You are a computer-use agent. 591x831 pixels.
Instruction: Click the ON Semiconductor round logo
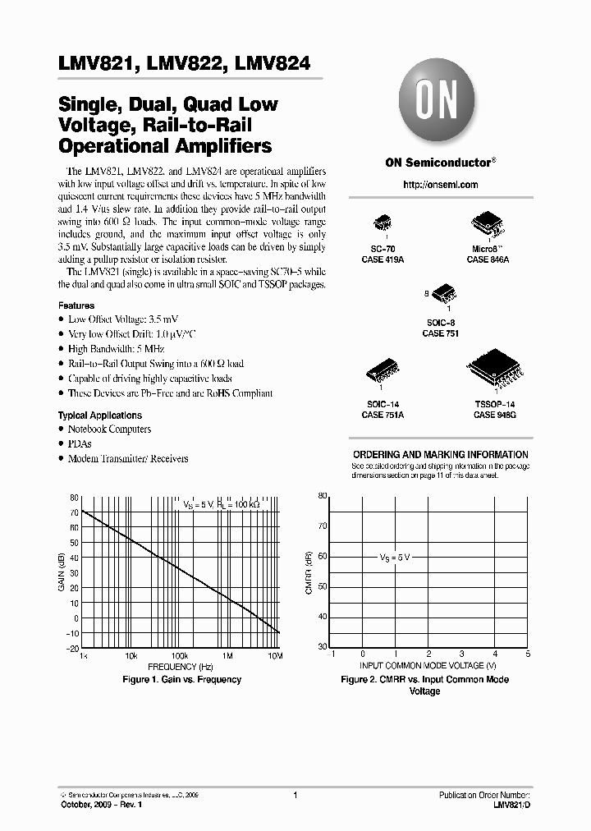439,104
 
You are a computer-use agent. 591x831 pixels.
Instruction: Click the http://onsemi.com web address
439,185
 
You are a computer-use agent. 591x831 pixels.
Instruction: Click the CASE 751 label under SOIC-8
440,333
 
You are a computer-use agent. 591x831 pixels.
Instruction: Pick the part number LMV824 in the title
272,64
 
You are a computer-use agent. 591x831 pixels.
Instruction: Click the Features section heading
76,305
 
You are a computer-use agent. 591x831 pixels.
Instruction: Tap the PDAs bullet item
80,443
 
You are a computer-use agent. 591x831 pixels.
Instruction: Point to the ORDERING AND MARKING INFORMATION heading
440,454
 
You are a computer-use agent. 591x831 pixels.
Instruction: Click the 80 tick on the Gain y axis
74,498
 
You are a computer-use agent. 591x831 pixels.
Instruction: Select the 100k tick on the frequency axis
179,657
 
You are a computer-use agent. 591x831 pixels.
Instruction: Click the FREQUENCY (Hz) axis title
180,668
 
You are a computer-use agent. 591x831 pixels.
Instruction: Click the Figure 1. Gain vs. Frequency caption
181,680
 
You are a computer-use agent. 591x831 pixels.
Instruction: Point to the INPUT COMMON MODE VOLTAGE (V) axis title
428,665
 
